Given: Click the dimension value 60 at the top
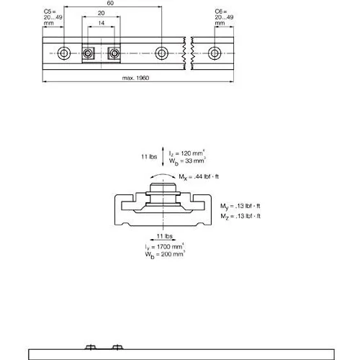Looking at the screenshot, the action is coord(110,3).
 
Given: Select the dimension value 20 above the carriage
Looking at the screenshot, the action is coord(102,13).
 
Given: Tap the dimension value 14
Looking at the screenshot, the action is coord(102,23).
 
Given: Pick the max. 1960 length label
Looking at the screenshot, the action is coord(135,78).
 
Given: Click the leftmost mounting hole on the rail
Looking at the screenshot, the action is coord(64,53).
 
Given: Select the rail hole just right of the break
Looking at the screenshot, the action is coord(215,53).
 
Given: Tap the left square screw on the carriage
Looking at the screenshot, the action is coord(88,53).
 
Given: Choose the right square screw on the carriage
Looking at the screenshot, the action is coord(114,53).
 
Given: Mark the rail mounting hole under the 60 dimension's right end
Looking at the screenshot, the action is coord(161,53).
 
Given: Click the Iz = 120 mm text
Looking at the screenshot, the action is coord(186,153).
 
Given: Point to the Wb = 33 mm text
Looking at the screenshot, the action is coord(187,161).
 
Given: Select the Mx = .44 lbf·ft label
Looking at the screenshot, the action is coord(199,177).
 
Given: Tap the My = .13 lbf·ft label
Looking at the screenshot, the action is coord(240,206).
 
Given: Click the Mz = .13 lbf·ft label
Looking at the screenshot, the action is coord(240,216).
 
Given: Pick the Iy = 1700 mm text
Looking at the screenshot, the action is coord(165,247).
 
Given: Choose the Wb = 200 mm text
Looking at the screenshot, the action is coord(165,254).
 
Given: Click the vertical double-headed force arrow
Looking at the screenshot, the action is coord(163,156).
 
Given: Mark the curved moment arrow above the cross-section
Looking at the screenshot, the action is coord(163,174).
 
